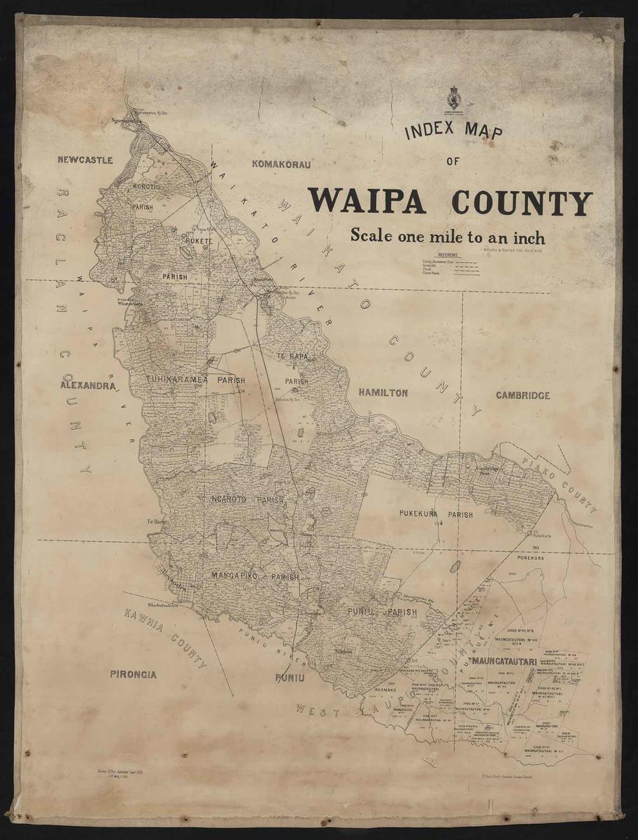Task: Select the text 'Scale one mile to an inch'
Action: (447, 235)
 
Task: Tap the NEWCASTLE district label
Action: (85, 160)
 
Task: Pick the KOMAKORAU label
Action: (280, 164)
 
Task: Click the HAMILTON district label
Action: (383, 393)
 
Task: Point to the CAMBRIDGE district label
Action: (523, 395)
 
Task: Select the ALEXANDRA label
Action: (87, 386)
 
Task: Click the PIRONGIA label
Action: (133, 675)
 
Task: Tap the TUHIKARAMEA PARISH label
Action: (195, 380)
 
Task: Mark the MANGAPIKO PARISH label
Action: (255, 576)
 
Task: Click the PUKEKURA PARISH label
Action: (436, 514)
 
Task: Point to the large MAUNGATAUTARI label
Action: (504, 661)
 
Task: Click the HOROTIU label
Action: (146, 188)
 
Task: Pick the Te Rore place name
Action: (154, 521)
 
